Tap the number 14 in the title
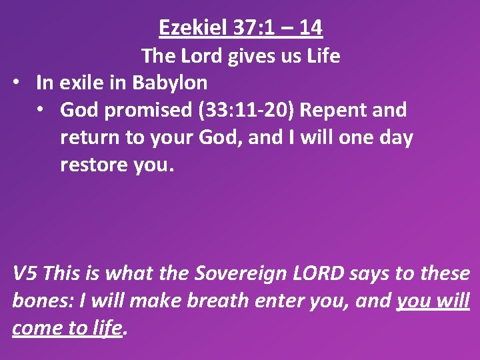[x=311, y=27]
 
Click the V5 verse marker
[x=27, y=273]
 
